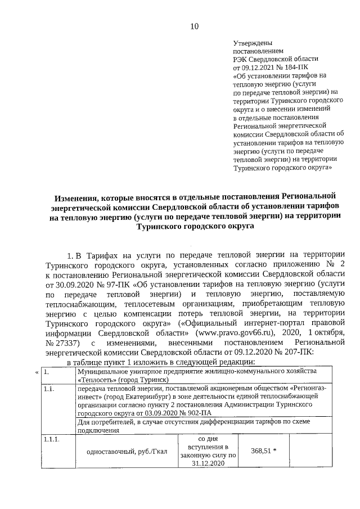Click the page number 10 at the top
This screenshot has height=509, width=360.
pos(194,26)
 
